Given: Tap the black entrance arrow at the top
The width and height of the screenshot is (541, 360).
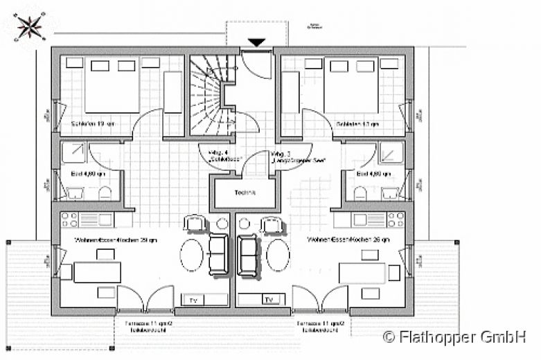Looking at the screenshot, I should (256, 43).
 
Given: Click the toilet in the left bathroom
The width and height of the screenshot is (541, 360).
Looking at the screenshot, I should (105, 192).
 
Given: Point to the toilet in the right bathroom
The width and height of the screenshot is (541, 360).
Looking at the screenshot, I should (360, 192).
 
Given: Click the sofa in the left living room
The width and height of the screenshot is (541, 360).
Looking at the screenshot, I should (218, 253).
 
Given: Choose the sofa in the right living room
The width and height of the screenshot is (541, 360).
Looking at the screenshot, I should (247, 253).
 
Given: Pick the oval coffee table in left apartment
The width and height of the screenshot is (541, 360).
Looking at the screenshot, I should (192, 254).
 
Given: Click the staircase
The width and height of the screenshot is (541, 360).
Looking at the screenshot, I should (208, 97).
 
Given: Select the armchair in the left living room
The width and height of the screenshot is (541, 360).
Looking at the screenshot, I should (193, 224).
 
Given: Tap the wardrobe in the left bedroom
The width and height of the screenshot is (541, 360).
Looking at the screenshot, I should (172, 91).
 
